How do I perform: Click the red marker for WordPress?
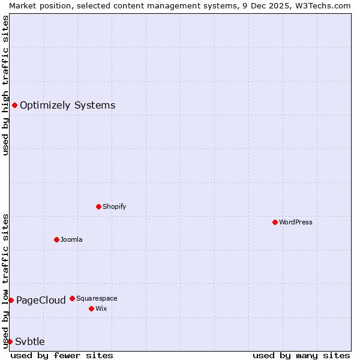pyautogui.click(x=275, y=222)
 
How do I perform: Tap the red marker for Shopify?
pyautogui.click(x=98, y=206)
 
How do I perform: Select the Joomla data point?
pyautogui.click(x=56, y=239)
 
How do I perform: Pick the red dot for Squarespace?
pyautogui.click(x=72, y=298)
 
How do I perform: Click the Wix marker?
pyautogui.click(x=91, y=308)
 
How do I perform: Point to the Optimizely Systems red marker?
pyautogui.click(x=14, y=106)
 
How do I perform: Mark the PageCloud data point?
pyautogui.click(x=11, y=300)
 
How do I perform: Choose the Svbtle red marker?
pyautogui.click(x=10, y=341)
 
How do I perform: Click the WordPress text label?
pyautogui.click(x=296, y=222)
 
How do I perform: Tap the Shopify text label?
pyautogui.click(x=114, y=206)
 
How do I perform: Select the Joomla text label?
pyautogui.click(x=71, y=239)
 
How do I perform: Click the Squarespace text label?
pyautogui.click(x=97, y=298)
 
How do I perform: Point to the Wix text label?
pyautogui.click(x=101, y=308)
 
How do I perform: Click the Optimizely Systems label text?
pyautogui.click(x=67, y=106)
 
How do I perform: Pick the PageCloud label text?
pyautogui.click(x=41, y=300)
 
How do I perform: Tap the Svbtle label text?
pyautogui.click(x=29, y=341)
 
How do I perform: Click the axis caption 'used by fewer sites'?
pyautogui.click(x=62, y=355)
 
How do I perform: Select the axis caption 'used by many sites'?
pyautogui.click(x=301, y=355)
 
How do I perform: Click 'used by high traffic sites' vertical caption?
pyautogui.click(x=5, y=85)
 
